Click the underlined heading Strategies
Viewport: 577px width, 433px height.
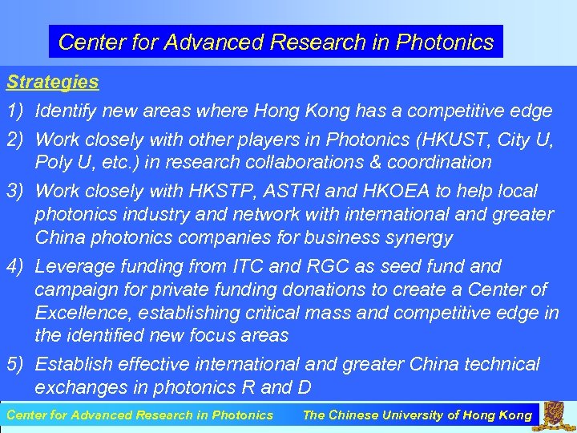[x=53, y=83]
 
